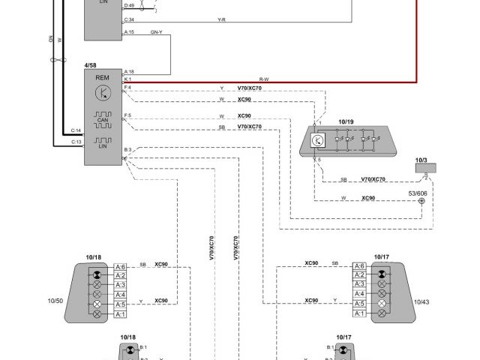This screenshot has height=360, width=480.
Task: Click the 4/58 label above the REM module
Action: coord(91,65)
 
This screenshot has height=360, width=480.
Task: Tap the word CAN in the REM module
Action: coord(103,120)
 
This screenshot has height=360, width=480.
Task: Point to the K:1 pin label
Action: coord(127,79)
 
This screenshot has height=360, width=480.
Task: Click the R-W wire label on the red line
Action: coord(264,78)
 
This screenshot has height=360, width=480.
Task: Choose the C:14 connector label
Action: coord(76,130)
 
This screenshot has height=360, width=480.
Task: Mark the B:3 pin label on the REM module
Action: coord(127,150)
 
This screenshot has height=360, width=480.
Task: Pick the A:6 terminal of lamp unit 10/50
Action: coord(120,267)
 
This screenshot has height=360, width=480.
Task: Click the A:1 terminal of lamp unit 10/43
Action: coord(358,313)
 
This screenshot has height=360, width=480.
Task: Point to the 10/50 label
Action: coord(55,301)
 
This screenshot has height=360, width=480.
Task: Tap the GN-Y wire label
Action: coord(157,32)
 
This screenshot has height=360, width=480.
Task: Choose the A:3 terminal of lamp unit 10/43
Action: coord(358,285)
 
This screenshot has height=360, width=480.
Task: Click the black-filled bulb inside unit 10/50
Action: coord(95,267)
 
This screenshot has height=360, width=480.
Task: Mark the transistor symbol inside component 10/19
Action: coord(318,139)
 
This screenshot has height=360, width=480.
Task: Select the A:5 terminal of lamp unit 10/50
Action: coord(120,304)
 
